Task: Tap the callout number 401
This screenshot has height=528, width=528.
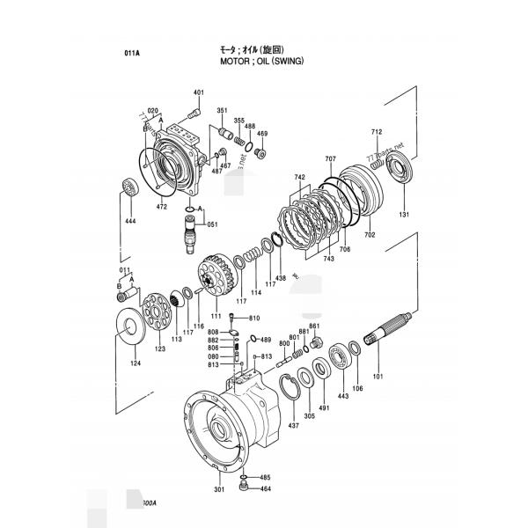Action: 198,93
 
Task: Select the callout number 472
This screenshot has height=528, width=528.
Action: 161,207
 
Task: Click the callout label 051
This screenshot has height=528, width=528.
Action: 212,224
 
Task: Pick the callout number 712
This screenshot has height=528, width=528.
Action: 377,132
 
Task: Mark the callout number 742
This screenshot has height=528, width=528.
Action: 300,177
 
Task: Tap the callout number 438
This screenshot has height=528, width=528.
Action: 281,277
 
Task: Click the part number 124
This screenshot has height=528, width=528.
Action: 135,363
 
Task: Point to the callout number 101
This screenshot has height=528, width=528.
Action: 378,378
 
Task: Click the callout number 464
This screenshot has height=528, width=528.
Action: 265,488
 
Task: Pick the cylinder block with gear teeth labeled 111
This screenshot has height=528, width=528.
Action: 215,276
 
